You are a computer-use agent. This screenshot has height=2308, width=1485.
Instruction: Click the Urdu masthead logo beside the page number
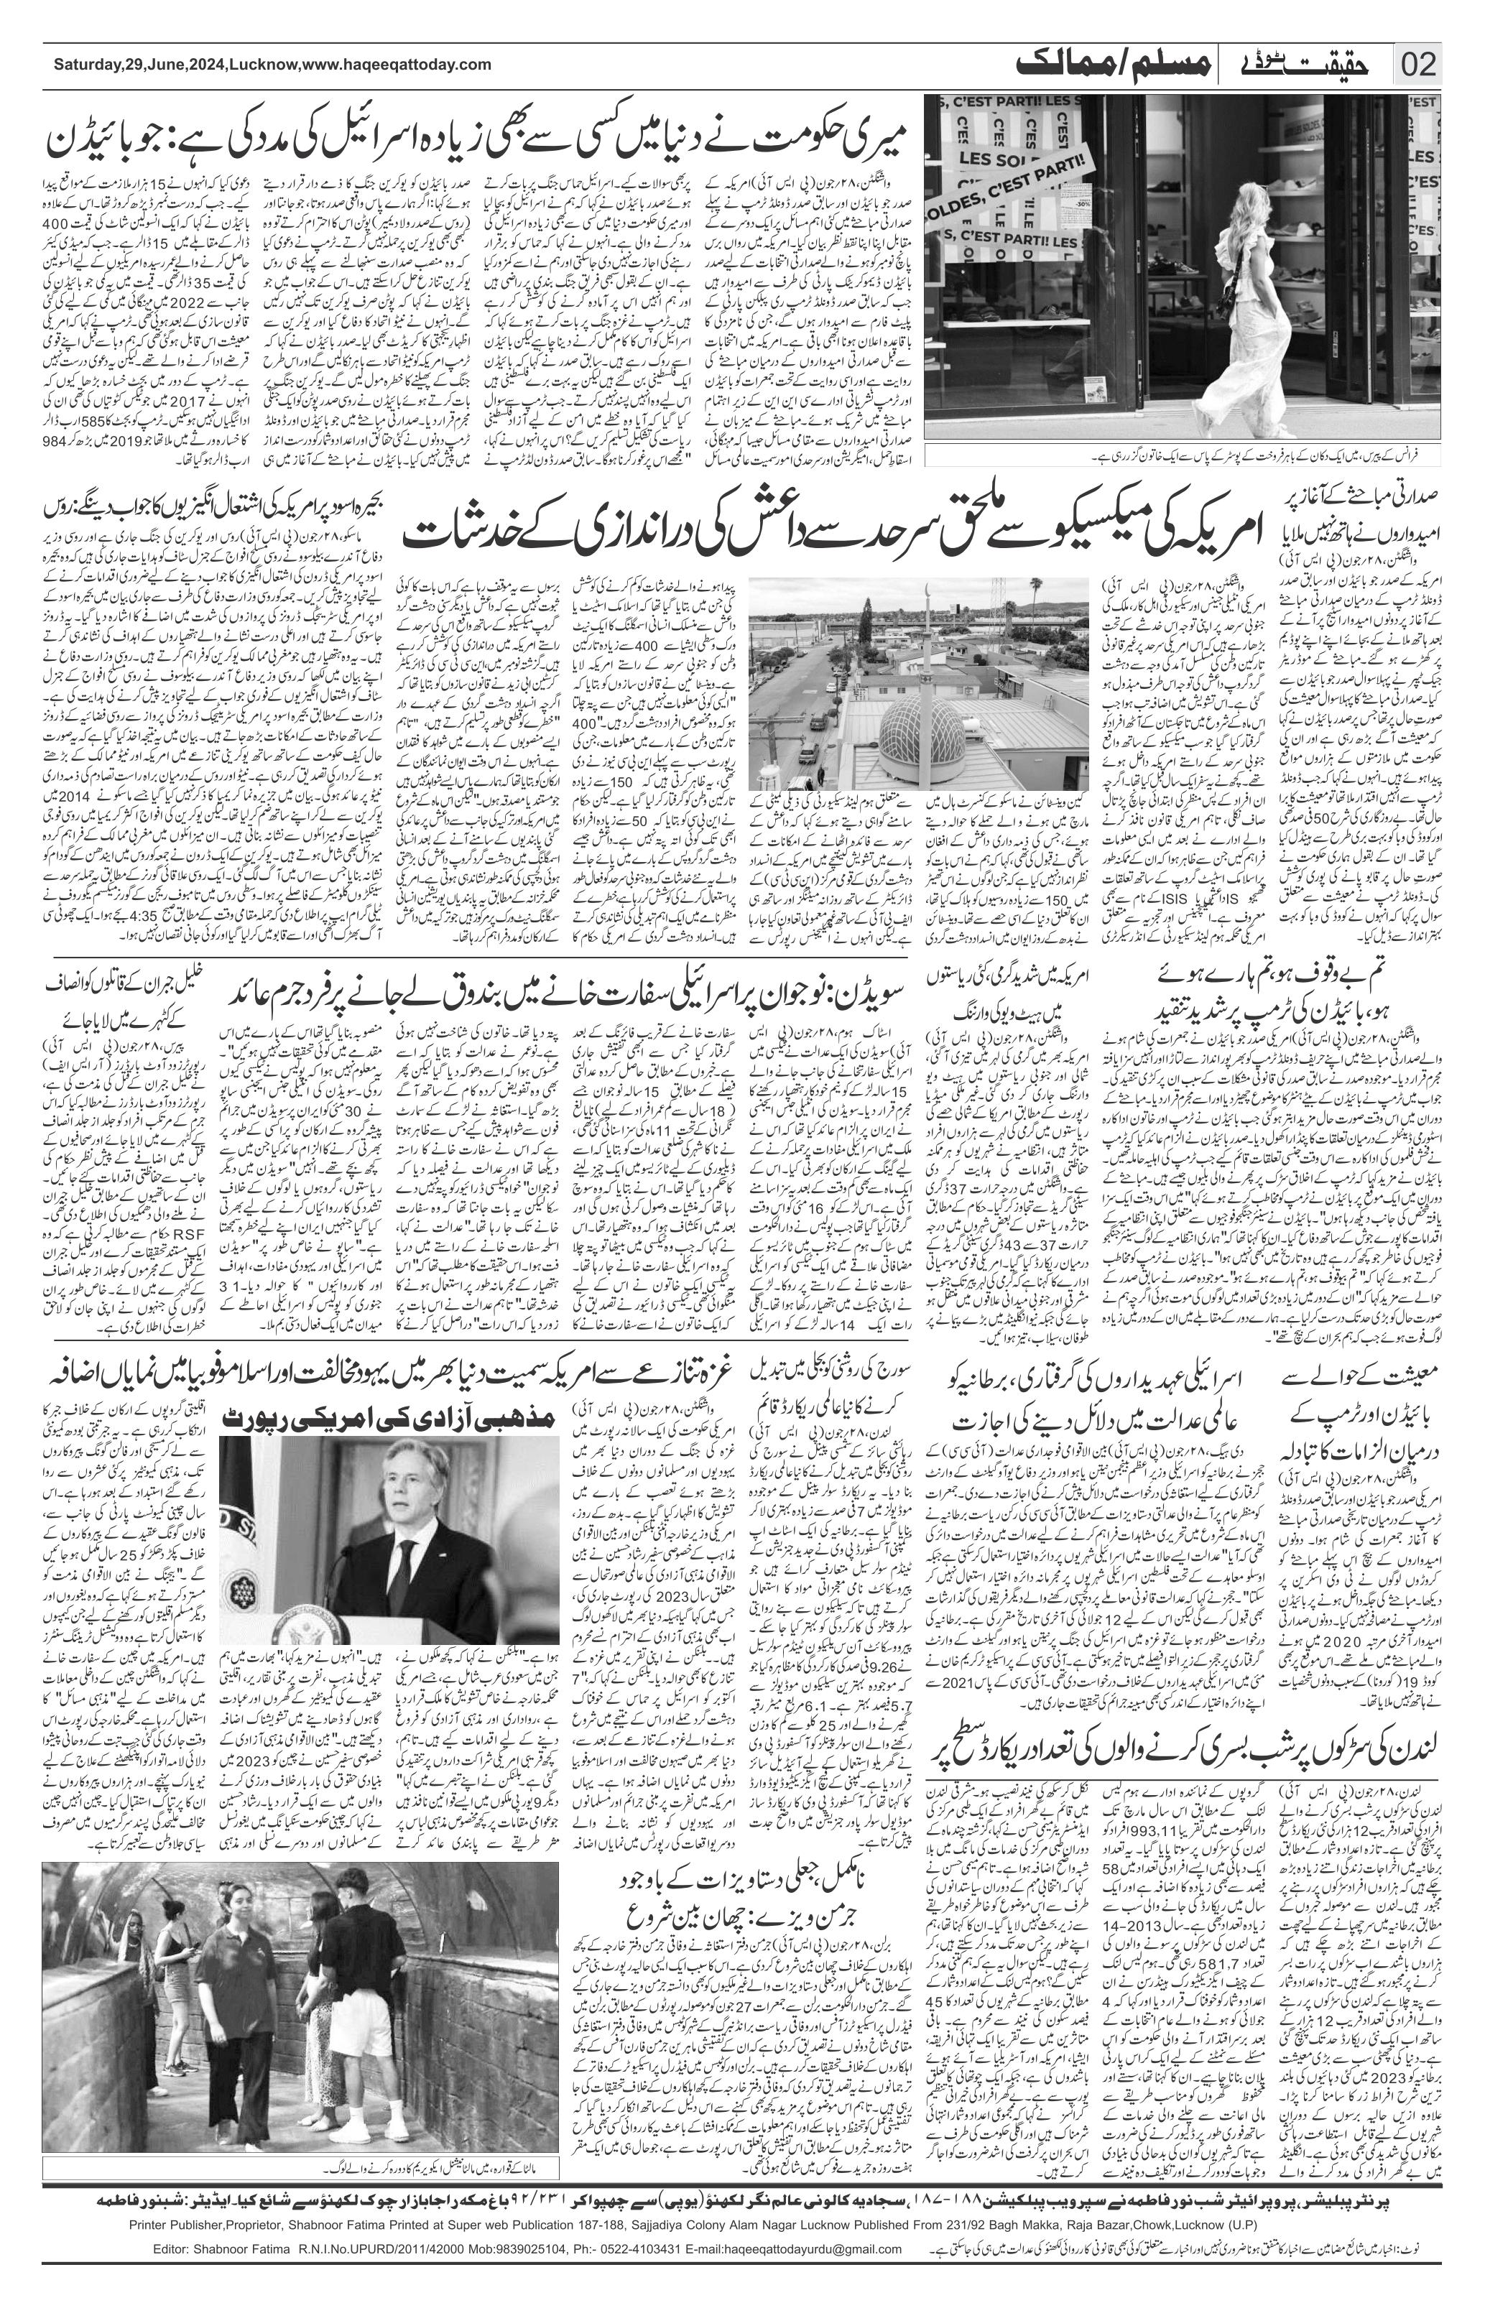[x=1299, y=65]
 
